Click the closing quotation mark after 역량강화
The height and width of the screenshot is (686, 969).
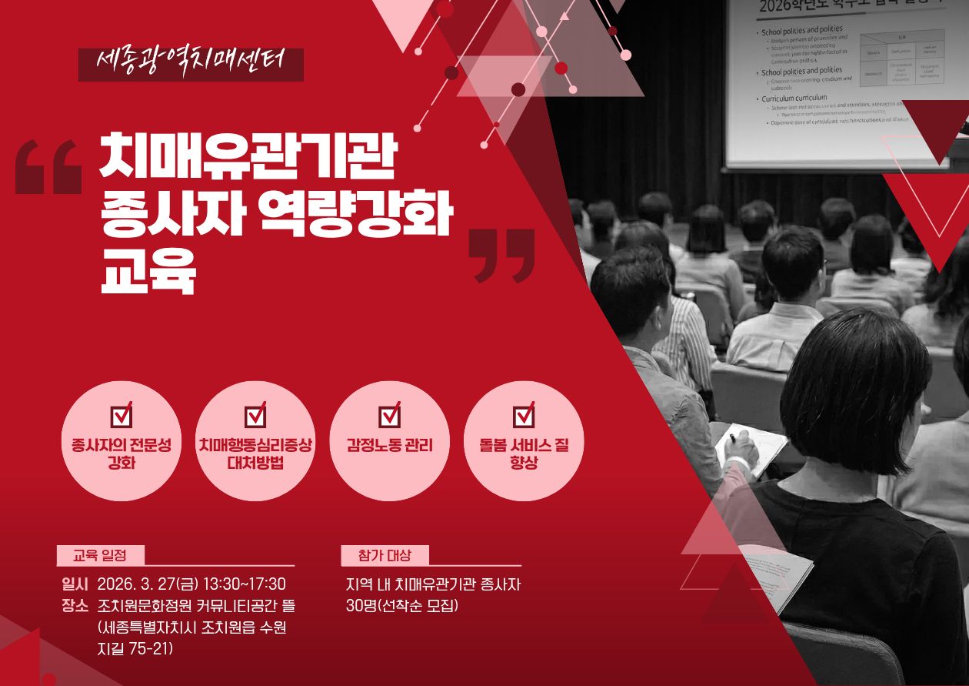(501, 255)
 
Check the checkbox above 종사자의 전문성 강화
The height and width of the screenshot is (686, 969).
(122, 415)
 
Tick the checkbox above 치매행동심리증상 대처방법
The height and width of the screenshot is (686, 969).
(255, 415)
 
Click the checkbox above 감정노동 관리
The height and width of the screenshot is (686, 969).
(390, 415)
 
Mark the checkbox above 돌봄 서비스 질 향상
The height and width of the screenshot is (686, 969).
(524, 415)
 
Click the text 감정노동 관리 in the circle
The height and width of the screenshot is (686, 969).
(390, 445)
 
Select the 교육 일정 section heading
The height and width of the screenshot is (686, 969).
(100, 555)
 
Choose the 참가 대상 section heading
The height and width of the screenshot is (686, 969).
(385, 555)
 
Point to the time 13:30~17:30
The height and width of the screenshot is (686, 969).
(244, 584)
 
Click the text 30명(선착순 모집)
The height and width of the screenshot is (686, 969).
(402, 605)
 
